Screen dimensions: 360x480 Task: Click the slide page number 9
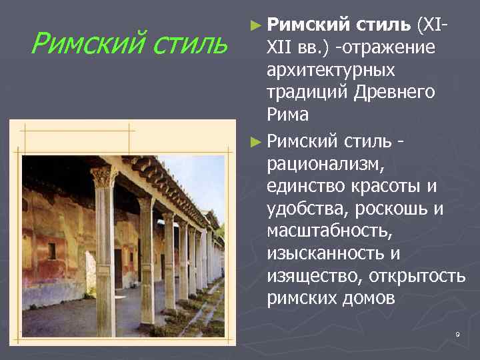pyautogui.click(x=458, y=333)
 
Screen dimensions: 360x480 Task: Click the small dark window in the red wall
pyautogui.click(x=51, y=251)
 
